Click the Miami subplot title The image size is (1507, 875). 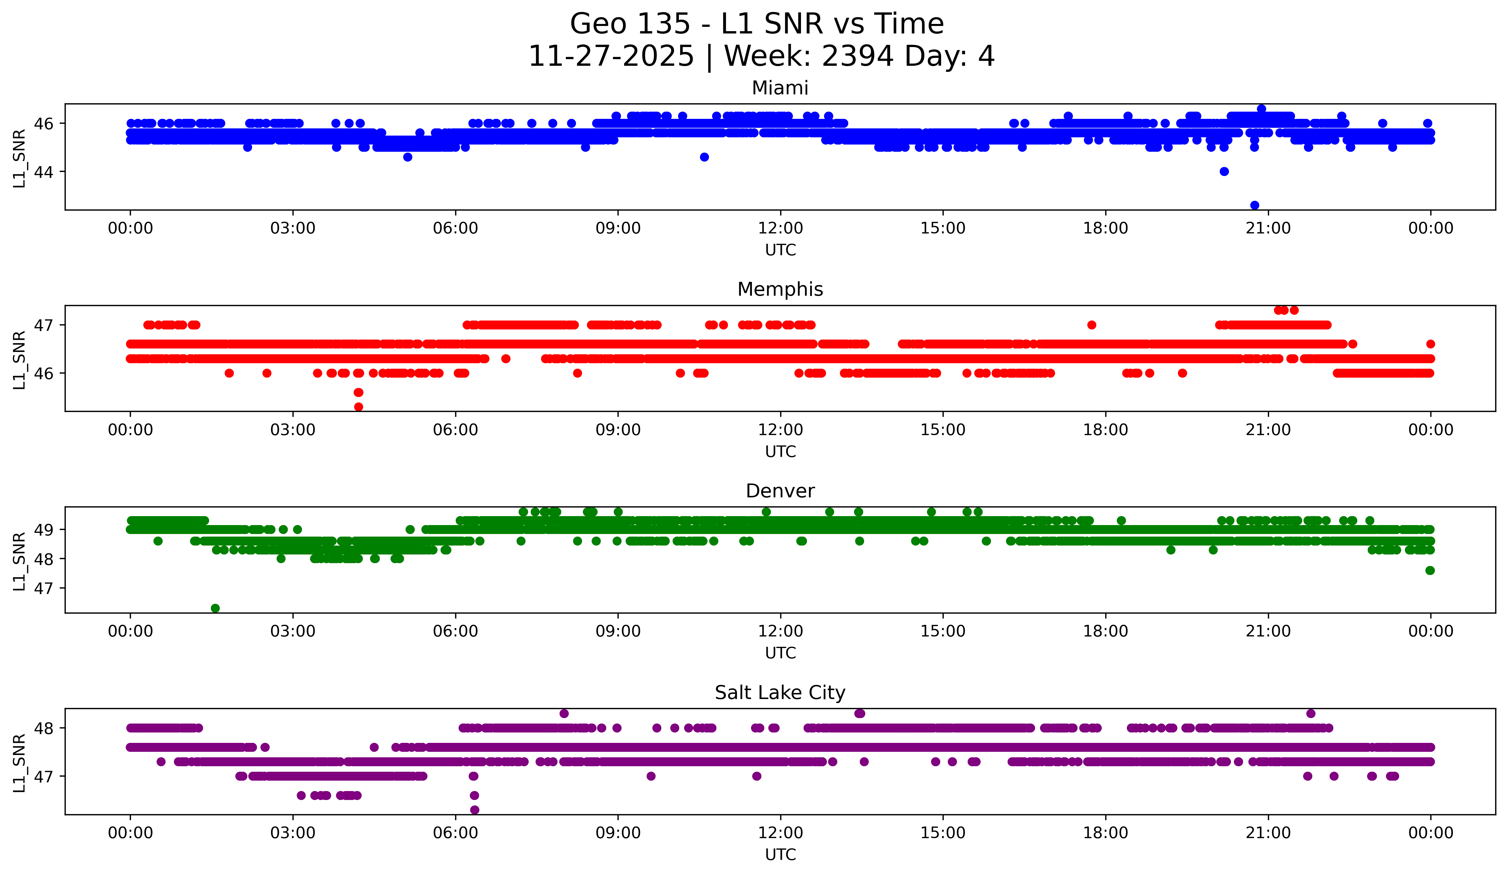pyautogui.click(x=780, y=88)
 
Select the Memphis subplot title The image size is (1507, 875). pyautogui.click(x=780, y=289)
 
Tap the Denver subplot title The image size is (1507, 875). pyautogui.click(x=780, y=491)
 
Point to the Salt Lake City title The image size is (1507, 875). pyautogui.click(x=780, y=693)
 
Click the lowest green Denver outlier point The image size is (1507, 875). pyautogui.click(x=215, y=608)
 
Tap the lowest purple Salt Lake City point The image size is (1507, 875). pyautogui.click(x=474, y=810)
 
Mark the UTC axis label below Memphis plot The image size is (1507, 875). pyautogui.click(x=780, y=451)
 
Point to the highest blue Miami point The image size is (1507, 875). pyautogui.click(x=1261, y=109)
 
